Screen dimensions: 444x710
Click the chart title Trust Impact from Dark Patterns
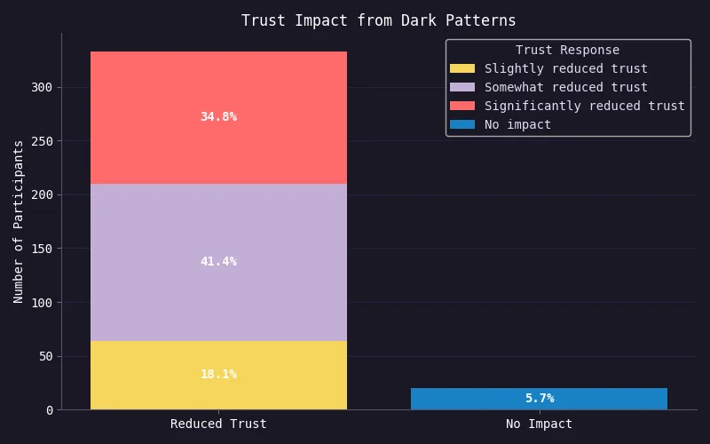(378, 20)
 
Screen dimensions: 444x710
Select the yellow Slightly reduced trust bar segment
(218, 391)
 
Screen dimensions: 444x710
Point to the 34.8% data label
(218, 117)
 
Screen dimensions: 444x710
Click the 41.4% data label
(218, 262)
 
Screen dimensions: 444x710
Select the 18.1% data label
(218, 375)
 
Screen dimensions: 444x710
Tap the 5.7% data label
(539, 399)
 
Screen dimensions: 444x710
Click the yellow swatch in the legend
(462, 69)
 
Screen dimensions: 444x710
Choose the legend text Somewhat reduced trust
(565, 88)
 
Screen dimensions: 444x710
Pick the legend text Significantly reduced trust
(584, 107)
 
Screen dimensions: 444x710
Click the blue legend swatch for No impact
(462, 125)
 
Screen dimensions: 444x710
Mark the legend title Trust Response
(567, 51)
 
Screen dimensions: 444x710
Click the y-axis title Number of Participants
(19, 221)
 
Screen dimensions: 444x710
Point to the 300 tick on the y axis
(42, 87)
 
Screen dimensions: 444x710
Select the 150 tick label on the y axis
(42, 249)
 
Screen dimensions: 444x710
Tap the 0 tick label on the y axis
(49, 410)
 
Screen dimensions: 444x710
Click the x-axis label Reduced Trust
(218, 424)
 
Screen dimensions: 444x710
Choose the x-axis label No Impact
(539, 424)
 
